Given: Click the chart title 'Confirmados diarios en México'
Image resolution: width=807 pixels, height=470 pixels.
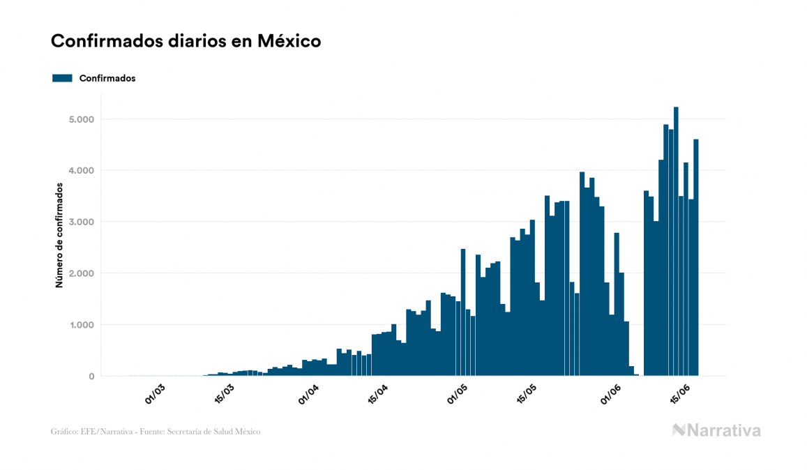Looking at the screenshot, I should (x=186, y=41).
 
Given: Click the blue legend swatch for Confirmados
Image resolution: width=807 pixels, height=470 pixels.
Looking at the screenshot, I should (x=62, y=78).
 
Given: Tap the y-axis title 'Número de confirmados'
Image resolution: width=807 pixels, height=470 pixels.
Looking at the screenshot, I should (x=59, y=236).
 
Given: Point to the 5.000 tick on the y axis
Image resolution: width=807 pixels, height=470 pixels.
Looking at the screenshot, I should (x=80, y=119).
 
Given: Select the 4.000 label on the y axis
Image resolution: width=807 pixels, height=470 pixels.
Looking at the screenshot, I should (x=80, y=171).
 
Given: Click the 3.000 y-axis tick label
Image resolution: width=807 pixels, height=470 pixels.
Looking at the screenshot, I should (x=80, y=222).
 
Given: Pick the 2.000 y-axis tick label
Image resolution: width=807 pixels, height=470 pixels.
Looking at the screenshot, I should (x=80, y=273).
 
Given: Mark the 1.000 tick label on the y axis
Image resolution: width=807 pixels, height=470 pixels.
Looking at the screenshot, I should (x=80, y=325).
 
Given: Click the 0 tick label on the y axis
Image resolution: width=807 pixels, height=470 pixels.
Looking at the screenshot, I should (x=91, y=377).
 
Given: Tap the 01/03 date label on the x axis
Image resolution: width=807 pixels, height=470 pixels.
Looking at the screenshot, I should (x=156, y=394).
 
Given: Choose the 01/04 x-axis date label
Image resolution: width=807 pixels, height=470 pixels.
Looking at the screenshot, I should (x=309, y=394).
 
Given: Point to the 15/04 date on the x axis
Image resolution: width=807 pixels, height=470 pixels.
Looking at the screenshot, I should (x=378, y=394).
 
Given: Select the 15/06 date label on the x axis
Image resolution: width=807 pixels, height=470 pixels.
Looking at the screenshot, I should (x=681, y=394).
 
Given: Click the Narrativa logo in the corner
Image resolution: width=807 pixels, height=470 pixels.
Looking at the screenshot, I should (x=716, y=430).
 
